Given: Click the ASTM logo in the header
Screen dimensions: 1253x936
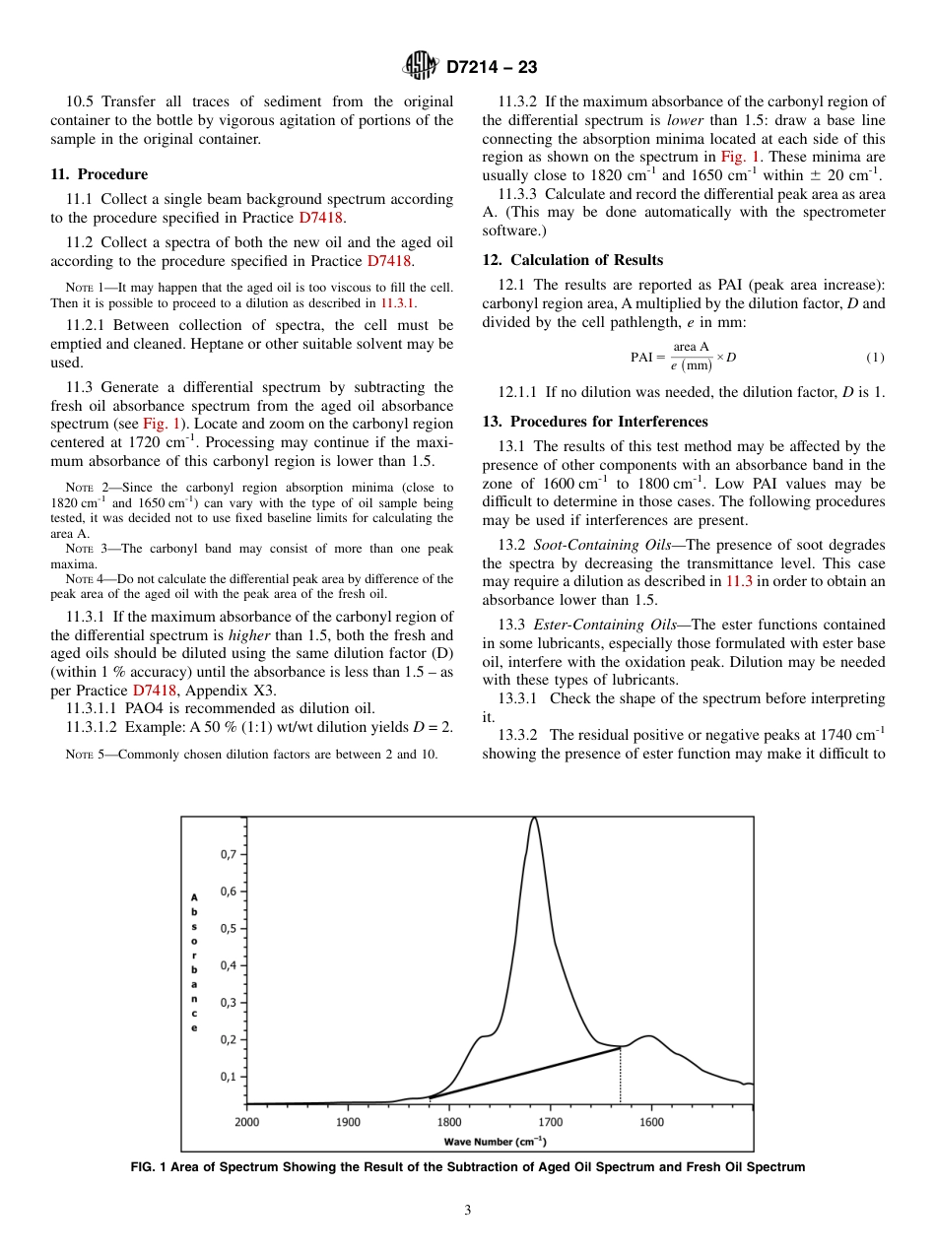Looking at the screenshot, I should coord(421,67).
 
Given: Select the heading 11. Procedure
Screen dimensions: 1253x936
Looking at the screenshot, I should coord(99,174).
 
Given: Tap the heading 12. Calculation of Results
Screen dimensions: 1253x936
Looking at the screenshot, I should coord(571,260).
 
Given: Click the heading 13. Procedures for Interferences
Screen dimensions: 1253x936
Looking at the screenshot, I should coord(594,422).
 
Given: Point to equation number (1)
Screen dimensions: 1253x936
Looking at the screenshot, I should coord(875,357).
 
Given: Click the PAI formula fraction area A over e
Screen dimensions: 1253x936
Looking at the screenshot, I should coord(691,356).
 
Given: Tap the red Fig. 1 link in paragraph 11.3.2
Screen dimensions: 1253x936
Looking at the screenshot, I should coord(738,157).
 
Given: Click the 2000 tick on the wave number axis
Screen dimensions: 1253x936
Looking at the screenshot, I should coord(247,1121).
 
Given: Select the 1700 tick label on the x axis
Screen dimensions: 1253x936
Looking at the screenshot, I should coord(550,1121).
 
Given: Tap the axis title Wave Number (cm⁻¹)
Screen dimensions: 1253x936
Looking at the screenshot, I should coord(495,1141).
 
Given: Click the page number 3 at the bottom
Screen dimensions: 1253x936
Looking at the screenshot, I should coord(468,1210).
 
